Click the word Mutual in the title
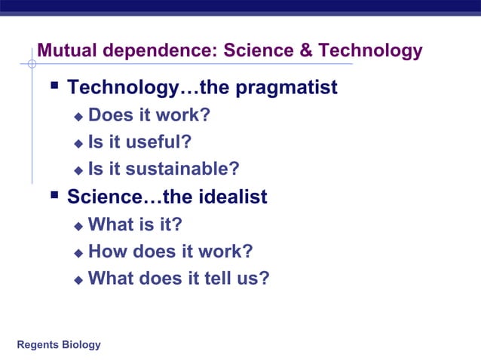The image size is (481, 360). pos(70,51)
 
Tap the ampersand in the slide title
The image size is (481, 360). pos(305,51)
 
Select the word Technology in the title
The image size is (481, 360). pos(369,51)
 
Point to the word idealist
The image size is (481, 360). pos(233,197)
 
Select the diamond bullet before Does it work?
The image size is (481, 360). pos(78,117)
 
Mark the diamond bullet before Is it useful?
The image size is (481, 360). pos(78,144)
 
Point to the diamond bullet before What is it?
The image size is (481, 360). pos(78,226)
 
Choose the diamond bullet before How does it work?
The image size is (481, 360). pos(78,253)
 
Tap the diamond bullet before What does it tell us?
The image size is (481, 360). pos(78,280)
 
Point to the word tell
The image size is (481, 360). pos(219,278)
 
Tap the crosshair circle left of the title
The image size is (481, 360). pos(32,64)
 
